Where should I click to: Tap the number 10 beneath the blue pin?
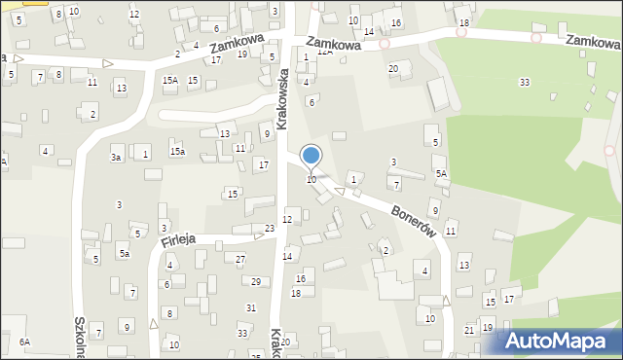click(x=311, y=180)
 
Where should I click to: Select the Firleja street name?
click(x=179, y=237)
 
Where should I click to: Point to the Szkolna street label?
click(x=79, y=335)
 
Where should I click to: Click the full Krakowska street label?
click(x=282, y=98)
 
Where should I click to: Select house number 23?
click(x=270, y=228)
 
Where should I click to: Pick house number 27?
click(x=240, y=259)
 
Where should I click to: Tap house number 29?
click(x=256, y=281)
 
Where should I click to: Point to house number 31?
click(x=250, y=307)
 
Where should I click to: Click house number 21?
click(x=469, y=331)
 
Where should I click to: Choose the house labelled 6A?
click(x=24, y=342)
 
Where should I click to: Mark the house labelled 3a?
click(x=116, y=157)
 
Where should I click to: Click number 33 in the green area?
click(x=525, y=83)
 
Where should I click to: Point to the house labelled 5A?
click(x=441, y=173)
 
